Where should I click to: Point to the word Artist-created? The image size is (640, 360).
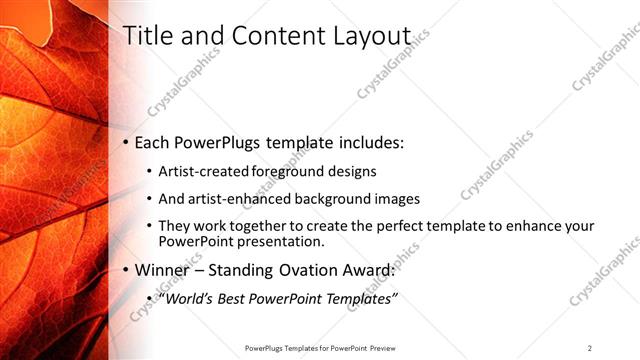click(x=195, y=171)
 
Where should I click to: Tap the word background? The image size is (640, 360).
click(x=326, y=198)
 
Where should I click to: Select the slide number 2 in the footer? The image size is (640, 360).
click(x=589, y=348)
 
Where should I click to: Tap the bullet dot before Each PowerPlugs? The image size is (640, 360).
click(x=125, y=143)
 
